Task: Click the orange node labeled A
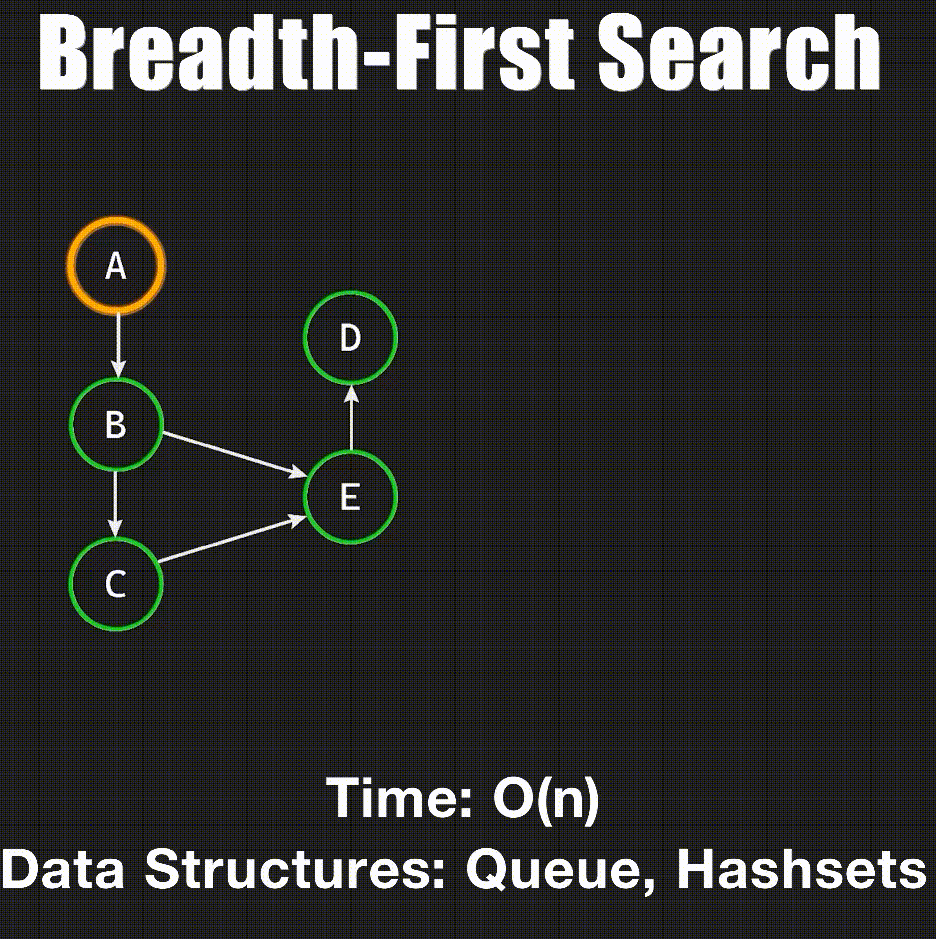coord(116,266)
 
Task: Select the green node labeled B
coord(116,424)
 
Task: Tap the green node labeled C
coord(116,584)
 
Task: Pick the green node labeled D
coord(351,337)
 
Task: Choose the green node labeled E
coord(351,497)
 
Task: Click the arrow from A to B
coord(118,345)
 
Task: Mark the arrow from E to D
coord(351,418)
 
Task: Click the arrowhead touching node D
coord(351,394)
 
